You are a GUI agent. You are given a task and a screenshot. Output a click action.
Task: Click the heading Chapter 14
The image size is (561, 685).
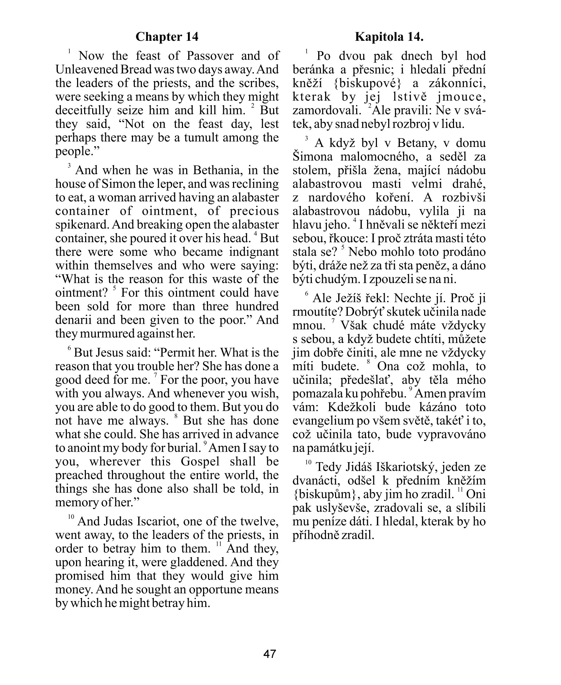coord(167,37)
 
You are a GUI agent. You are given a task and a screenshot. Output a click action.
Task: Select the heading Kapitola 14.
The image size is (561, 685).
coord(389,37)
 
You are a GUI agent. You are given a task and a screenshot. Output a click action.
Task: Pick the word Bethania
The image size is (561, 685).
coord(218,170)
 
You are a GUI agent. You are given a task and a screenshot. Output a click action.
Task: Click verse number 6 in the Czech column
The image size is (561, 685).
coord(306,294)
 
